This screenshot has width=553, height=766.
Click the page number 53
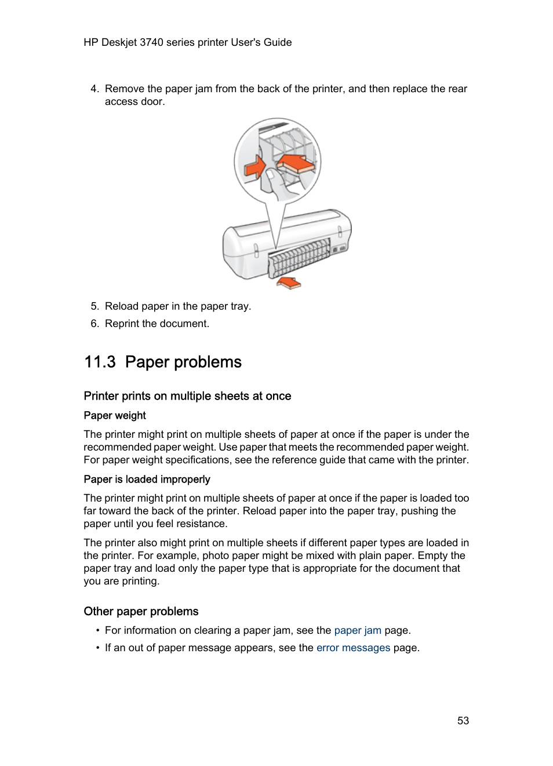tap(463, 720)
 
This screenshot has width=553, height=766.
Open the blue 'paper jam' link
tap(358, 630)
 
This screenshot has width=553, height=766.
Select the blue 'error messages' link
tap(353, 648)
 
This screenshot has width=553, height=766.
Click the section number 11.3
tap(100, 362)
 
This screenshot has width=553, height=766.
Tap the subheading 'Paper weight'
tap(115, 415)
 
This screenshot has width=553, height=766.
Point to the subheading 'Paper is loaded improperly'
tap(147, 479)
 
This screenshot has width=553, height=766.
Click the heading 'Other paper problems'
tap(141, 611)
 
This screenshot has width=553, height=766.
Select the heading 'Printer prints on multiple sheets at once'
tap(187, 396)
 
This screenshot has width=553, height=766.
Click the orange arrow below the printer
tap(289, 283)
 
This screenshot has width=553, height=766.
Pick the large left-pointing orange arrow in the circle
tap(296, 163)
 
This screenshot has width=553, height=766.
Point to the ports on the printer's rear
tap(339, 249)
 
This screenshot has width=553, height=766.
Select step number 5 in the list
tap(94, 306)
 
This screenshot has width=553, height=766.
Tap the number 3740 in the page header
tap(151, 42)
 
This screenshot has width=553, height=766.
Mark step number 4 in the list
tap(94, 89)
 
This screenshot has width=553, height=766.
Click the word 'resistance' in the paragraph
tap(202, 524)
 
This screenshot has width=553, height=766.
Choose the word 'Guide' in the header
tap(278, 42)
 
